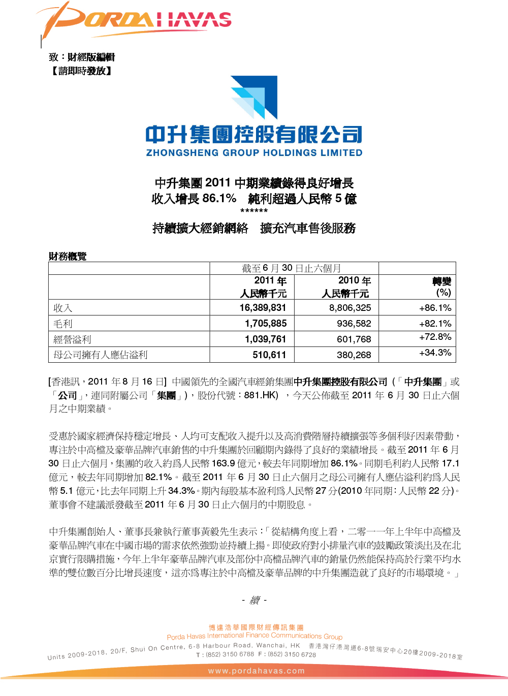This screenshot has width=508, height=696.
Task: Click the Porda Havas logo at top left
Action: click(x=135, y=20)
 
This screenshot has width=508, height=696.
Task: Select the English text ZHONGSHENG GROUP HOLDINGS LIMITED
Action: click(x=254, y=152)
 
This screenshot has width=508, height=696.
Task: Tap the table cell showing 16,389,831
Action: click(x=263, y=308)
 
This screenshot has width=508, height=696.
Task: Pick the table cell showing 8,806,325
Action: click(x=350, y=308)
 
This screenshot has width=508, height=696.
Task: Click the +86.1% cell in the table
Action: click(x=435, y=308)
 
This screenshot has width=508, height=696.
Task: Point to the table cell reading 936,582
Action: click(x=354, y=324)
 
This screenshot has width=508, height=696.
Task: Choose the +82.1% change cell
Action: click(x=435, y=324)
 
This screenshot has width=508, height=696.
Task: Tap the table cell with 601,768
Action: click(x=354, y=339)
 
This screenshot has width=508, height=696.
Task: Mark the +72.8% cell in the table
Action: click(x=435, y=337)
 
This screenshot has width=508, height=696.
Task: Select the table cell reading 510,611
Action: click(x=269, y=355)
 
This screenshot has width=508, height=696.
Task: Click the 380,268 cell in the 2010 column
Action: click(x=354, y=355)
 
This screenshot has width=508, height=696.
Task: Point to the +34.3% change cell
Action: click(x=435, y=353)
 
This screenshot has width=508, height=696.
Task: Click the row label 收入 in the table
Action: click(x=63, y=308)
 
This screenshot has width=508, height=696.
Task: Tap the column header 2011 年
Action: click(x=270, y=281)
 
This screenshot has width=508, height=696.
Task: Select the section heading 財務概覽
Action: click(x=68, y=256)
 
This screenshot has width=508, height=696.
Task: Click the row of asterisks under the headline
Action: click(x=254, y=211)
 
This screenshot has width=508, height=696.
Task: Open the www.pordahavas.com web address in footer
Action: click(x=257, y=671)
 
